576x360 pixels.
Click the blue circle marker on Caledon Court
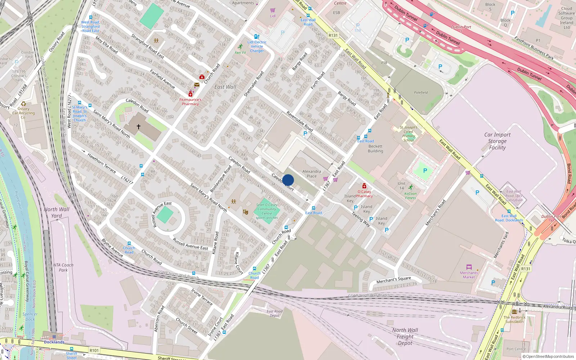288,180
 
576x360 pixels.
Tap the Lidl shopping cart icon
273,10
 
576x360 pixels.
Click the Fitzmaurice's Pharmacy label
190,102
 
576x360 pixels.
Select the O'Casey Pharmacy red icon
364,186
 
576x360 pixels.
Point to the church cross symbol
139,127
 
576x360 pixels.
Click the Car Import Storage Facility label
497,141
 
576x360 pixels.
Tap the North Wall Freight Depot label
405,336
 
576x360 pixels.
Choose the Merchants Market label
469,275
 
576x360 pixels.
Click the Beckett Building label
375,149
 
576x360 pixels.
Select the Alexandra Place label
311,174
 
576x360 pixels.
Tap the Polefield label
420,93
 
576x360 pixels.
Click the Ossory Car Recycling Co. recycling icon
23,104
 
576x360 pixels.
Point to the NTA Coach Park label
63,267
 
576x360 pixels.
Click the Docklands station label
54,342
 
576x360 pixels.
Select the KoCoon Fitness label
410,195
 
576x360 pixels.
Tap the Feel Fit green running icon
240,47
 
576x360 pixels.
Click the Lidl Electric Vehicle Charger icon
257,36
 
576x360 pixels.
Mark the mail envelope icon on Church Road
197,85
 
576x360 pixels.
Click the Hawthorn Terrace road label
102,163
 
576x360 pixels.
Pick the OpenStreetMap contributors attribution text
550,356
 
